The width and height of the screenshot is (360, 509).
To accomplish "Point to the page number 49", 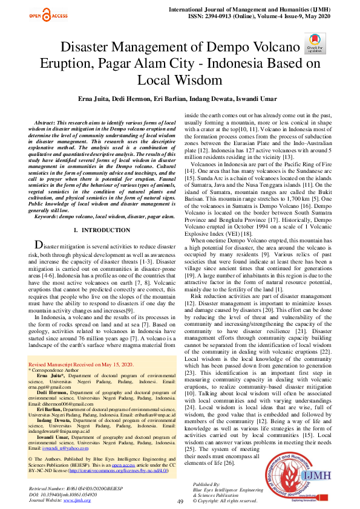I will click(180, 501).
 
